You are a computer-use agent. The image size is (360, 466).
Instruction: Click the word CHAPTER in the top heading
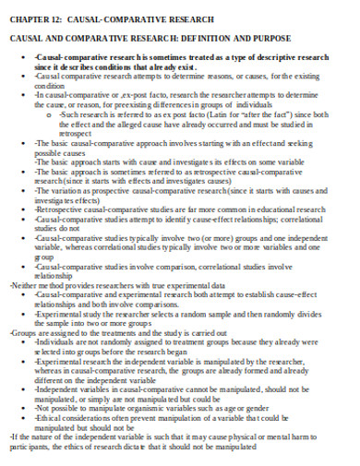tap(27, 19)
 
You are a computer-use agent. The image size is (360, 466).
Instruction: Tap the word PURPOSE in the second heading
tap(271, 38)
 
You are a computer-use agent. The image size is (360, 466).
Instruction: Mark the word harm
tap(318, 437)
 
